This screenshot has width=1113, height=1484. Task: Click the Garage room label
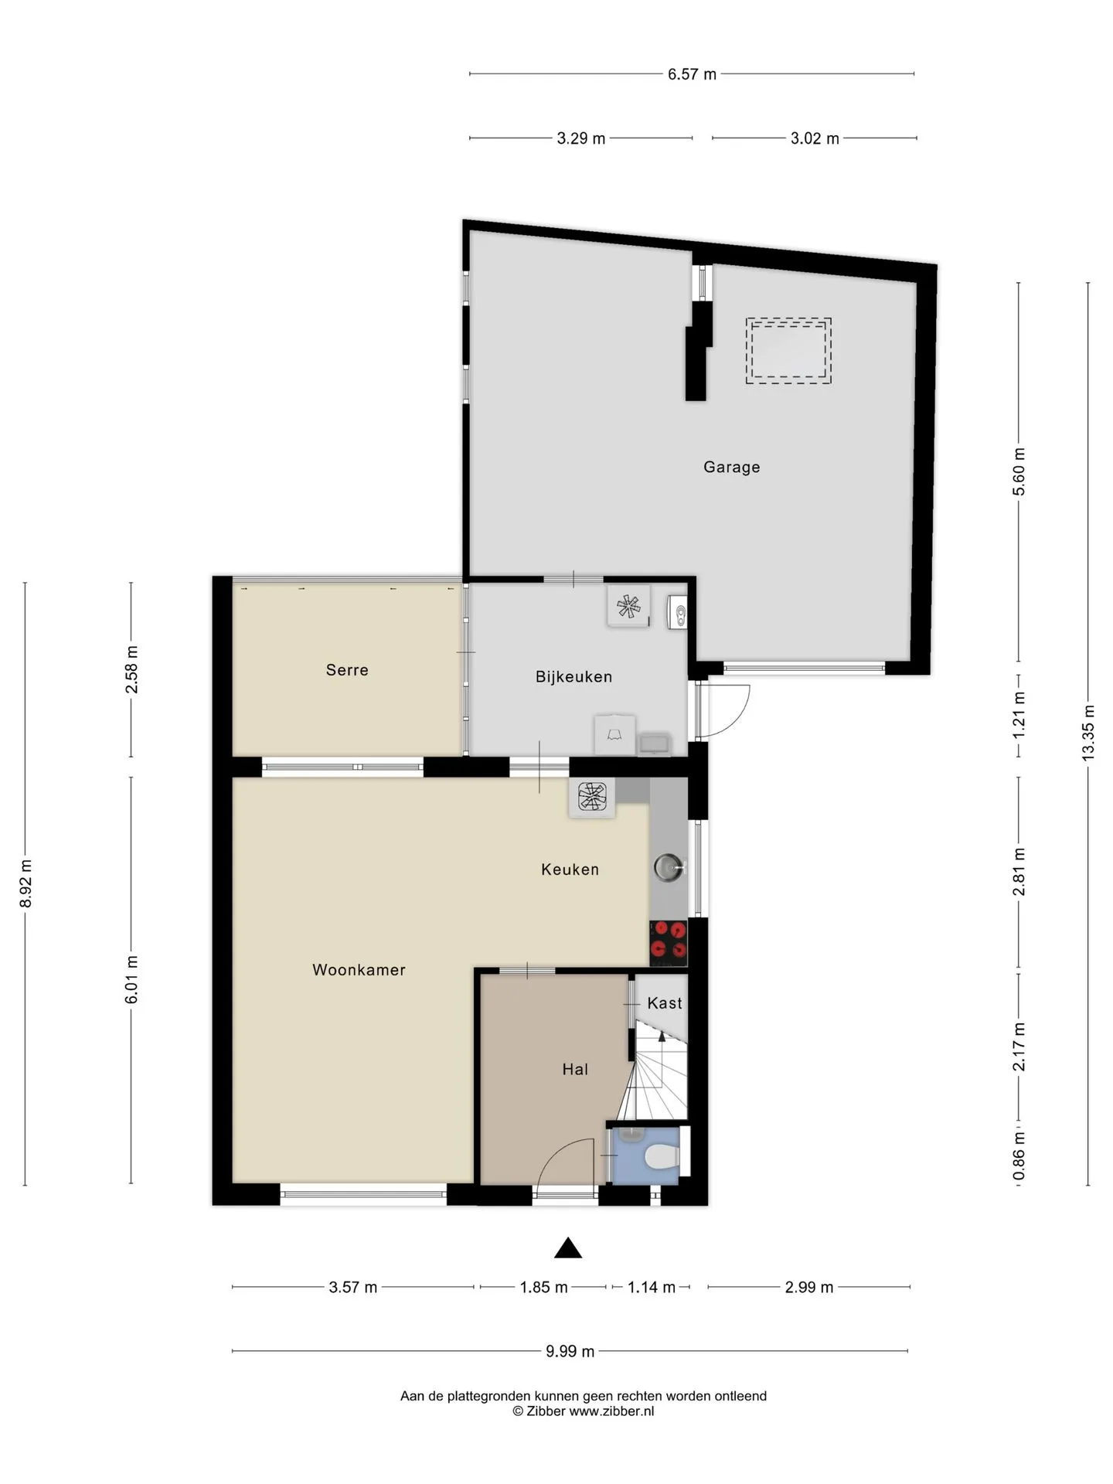tap(731, 467)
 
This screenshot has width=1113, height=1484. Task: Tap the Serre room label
tap(347, 670)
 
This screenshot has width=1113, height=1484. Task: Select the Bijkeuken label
tap(574, 677)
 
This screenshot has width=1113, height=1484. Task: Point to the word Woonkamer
tap(359, 970)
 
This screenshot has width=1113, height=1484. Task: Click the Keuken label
tap(570, 870)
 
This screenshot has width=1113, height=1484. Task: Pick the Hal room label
tap(575, 1070)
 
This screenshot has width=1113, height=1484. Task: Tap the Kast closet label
tap(665, 1003)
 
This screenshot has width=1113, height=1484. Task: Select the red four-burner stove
tap(669, 943)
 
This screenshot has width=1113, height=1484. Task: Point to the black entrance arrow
tap(568, 1247)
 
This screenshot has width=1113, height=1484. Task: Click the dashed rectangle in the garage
tap(788, 351)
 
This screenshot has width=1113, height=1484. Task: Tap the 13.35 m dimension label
tap(1088, 733)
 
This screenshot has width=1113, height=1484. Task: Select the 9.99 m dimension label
tap(570, 1351)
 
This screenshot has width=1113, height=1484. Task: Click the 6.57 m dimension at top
tap(692, 74)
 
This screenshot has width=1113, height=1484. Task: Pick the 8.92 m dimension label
tap(25, 883)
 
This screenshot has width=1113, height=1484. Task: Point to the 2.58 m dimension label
tap(131, 669)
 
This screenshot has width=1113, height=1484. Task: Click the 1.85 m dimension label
tap(543, 1287)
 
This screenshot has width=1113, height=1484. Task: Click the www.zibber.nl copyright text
tap(583, 1411)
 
